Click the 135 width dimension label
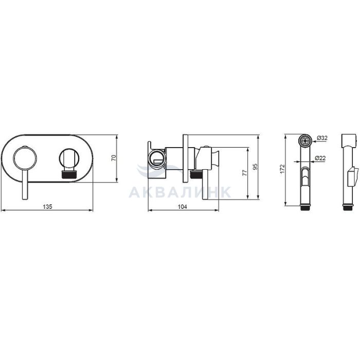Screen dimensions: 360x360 click(x=48, y=207)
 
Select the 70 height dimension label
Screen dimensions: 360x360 click(x=114, y=158)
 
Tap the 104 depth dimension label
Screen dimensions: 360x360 click(x=183, y=207)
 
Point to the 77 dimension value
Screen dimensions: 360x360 click(x=245, y=173)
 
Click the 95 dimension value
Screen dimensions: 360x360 click(x=255, y=167)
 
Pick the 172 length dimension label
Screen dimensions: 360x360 click(x=282, y=169)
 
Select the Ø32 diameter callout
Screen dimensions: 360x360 click(x=322, y=138)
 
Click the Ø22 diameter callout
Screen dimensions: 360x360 click(x=320, y=158)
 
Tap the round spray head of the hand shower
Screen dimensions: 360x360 click(x=305, y=141)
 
